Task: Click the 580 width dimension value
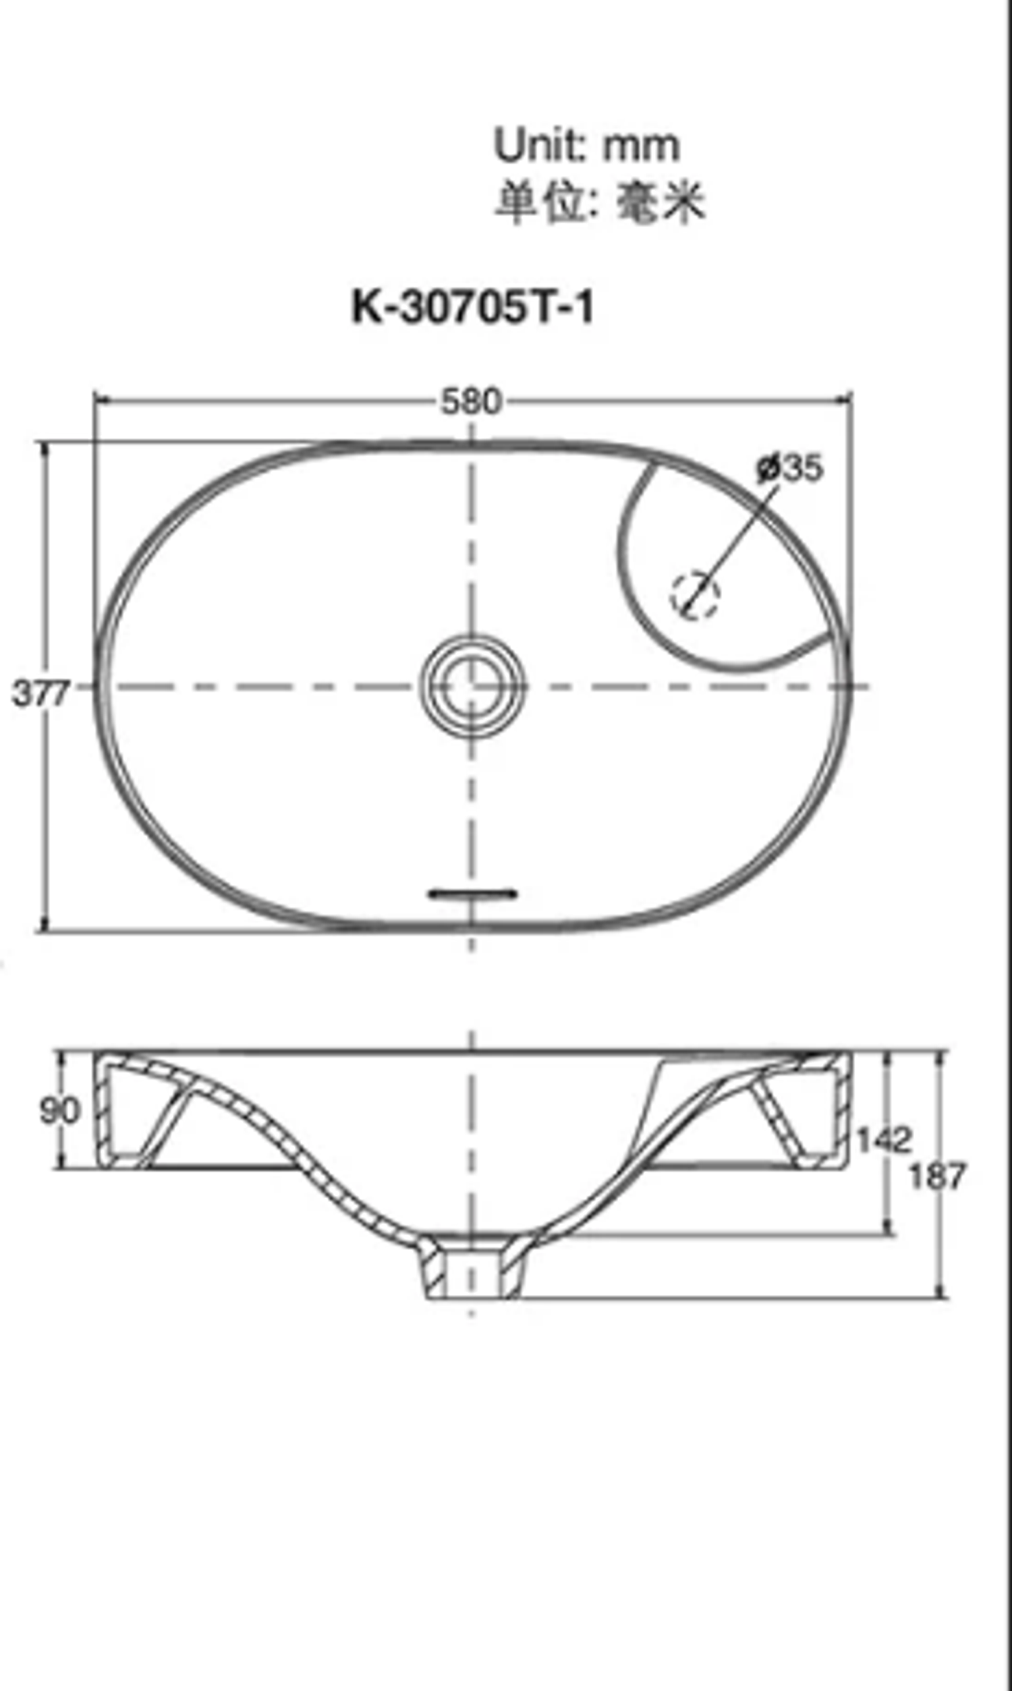click(470, 401)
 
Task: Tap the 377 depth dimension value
click(40, 694)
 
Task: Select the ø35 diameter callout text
click(790, 468)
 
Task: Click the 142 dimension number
click(883, 1139)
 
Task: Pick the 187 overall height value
click(938, 1176)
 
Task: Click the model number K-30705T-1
click(472, 308)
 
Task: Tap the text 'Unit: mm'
click(586, 144)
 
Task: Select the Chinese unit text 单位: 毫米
click(599, 201)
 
